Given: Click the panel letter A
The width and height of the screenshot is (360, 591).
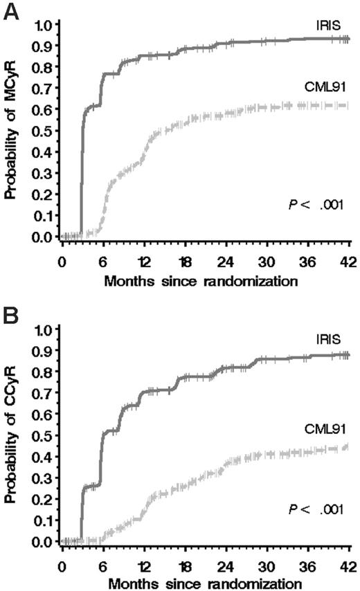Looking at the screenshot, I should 12,12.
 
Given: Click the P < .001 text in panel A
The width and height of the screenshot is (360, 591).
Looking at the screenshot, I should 316,204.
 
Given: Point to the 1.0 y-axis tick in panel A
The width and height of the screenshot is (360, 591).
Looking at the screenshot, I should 43,26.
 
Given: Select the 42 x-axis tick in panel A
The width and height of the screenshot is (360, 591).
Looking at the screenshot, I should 350,264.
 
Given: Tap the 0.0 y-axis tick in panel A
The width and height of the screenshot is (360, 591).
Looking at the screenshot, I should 43,237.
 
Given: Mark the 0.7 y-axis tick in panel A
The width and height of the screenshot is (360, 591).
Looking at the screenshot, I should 43,89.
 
